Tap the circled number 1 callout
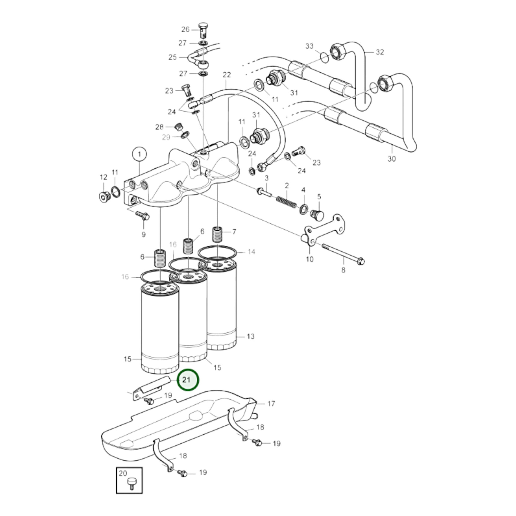[139, 154]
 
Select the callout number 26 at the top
[185, 29]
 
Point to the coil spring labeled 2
[286, 202]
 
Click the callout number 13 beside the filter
[251, 336]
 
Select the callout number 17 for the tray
[271, 404]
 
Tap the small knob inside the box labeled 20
[131, 488]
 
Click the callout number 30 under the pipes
[392, 159]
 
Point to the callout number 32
[380, 52]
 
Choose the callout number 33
[309, 46]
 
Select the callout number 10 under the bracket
[309, 259]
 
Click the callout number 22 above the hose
[226, 75]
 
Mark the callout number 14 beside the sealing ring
[251, 252]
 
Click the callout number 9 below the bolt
[143, 234]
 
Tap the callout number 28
[159, 127]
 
